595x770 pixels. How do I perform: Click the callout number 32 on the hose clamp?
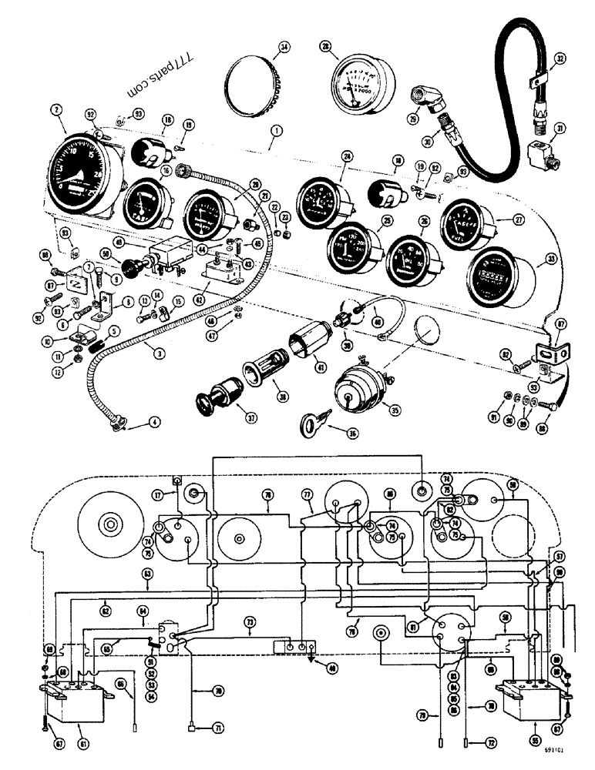pyautogui.click(x=560, y=58)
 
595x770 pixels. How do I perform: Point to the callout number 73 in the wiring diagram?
pyautogui.click(x=250, y=621)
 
